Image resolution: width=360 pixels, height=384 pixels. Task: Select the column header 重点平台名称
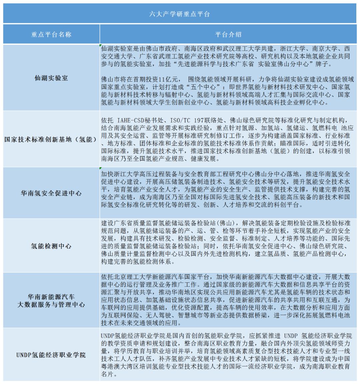pos(51,34)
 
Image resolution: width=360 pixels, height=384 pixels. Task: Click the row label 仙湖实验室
pos(51,78)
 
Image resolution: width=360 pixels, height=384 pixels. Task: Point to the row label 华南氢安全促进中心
pos(51,193)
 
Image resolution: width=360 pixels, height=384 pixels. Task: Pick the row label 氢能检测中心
pos(51,246)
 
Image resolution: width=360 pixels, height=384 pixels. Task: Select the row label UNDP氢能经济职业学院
pos(51,355)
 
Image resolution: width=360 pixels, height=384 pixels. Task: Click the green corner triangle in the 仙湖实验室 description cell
pos(101,46)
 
